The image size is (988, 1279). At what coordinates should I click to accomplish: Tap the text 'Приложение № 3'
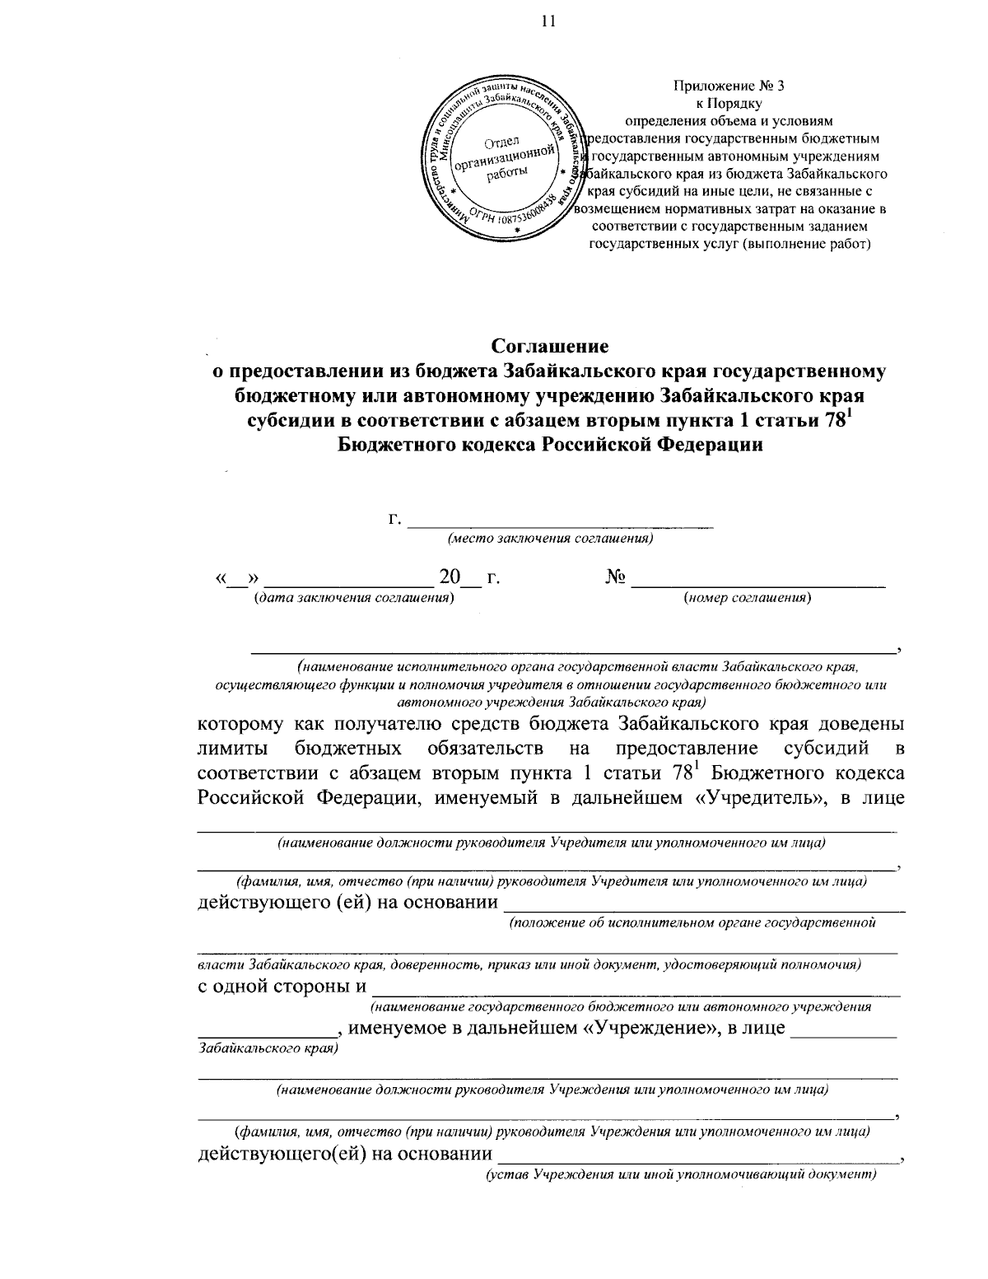pyautogui.click(x=729, y=87)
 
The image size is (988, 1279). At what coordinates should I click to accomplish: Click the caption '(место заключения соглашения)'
pyautogui.click(x=550, y=539)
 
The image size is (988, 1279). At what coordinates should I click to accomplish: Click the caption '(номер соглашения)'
pyautogui.click(x=748, y=598)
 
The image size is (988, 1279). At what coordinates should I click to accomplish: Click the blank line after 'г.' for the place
pyautogui.click(x=561, y=520)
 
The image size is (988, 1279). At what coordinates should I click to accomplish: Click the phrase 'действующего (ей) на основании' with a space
pyautogui.click(x=348, y=903)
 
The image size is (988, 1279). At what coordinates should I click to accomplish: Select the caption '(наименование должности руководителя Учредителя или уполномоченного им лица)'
pyautogui.click(x=552, y=843)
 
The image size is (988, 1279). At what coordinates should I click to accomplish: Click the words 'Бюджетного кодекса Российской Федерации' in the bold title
pyautogui.click(x=549, y=445)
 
